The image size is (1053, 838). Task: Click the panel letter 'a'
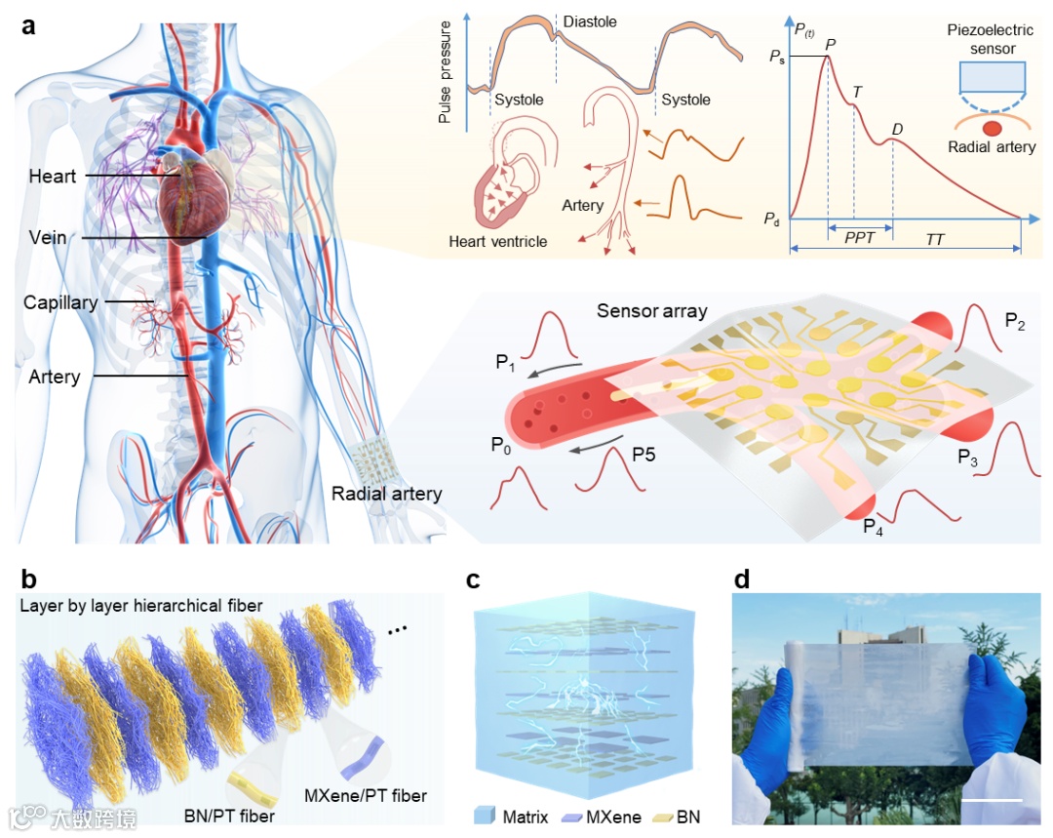tap(29, 25)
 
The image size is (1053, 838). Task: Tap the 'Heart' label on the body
tap(53, 177)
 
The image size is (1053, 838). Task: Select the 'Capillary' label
tap(60, 302)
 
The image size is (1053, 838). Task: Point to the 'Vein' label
tap(48, 238)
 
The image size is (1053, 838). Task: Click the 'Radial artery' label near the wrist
tap(386, 494)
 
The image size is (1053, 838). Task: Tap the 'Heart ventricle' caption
tap(498, 241)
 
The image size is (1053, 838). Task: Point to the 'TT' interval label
tap(935, 239)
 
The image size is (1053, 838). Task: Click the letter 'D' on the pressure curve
tap(897, 130)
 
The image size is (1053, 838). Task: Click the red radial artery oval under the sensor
tap(992, 128)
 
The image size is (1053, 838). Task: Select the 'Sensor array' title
tap(652, 312)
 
